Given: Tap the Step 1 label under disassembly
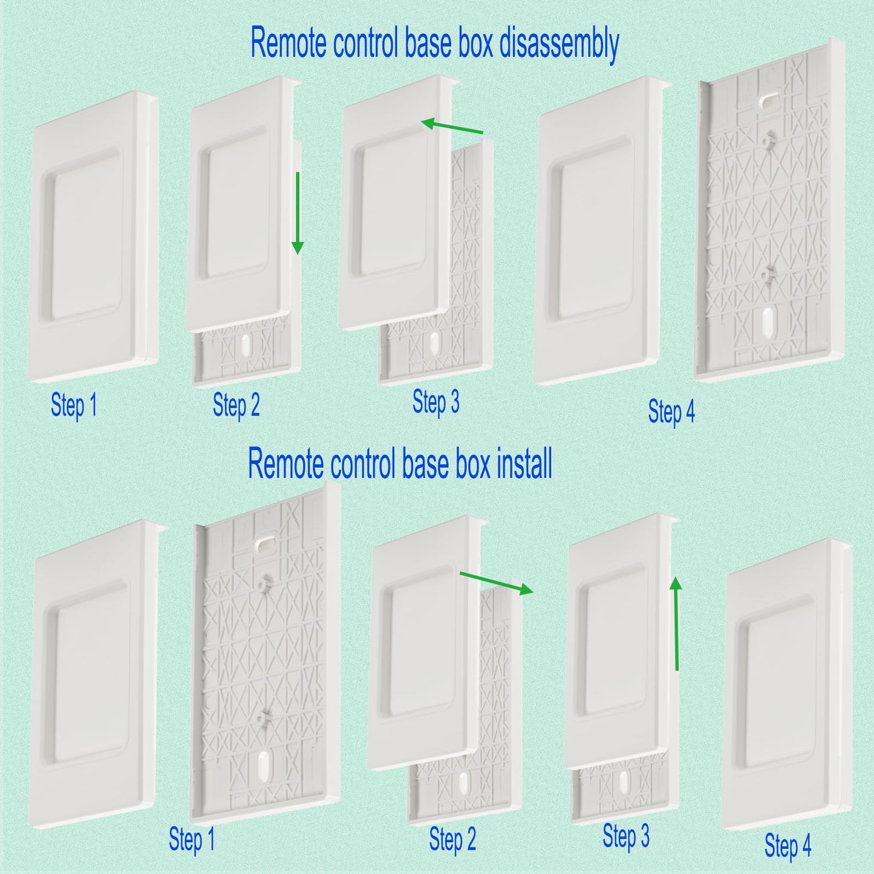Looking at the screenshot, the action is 74,405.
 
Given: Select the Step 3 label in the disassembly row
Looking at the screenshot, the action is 436,402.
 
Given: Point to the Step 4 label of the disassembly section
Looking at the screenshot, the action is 672,411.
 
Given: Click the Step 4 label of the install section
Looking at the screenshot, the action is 788,844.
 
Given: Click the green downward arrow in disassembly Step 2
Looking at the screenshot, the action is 298,213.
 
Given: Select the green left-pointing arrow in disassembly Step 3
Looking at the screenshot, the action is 452,126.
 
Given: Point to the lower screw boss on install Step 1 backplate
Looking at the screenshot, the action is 262,716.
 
